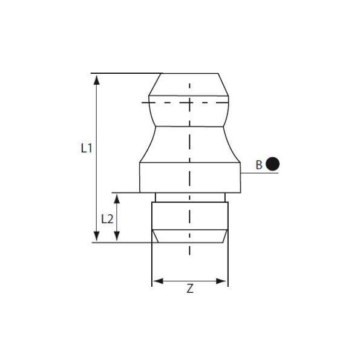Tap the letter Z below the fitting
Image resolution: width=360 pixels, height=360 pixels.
pos(189,290)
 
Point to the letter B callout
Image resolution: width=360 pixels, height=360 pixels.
pos(259,164)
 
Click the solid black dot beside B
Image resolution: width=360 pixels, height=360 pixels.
pos(273,163)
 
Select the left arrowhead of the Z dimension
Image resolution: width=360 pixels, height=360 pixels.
pos(155,281)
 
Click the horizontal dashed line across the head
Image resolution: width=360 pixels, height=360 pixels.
pos(169,102)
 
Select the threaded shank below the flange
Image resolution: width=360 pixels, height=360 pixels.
pos(169,215)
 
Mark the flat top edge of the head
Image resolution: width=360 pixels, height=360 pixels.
pos(189,73)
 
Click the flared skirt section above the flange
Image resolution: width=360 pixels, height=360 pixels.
pos(169,145)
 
